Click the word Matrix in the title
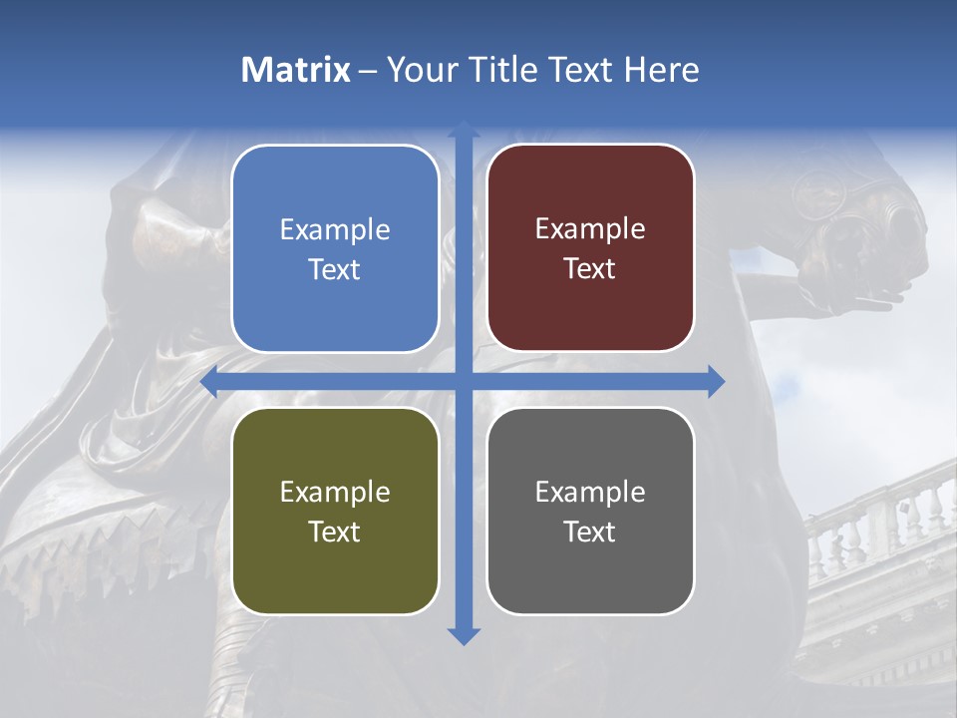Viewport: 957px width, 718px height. (295, 70)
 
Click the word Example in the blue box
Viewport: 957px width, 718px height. (335, 229)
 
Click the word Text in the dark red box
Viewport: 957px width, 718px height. (590, 269)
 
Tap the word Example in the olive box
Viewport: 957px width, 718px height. (335, 492)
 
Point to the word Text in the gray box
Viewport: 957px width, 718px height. (590, 532)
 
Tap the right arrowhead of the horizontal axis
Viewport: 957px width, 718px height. (716, 382)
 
